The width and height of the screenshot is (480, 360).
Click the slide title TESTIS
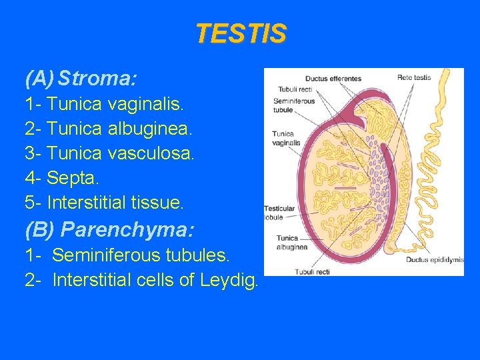point(241,33)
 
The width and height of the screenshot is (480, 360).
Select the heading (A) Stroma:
point(81,79)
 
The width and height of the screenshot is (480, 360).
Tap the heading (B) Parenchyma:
point(109,230)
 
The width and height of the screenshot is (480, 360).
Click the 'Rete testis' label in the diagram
point(414,77)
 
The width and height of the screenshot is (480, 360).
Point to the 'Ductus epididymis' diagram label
point(435,260)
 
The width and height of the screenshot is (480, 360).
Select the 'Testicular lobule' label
point(278,213)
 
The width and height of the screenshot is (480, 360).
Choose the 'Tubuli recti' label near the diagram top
point(295,89)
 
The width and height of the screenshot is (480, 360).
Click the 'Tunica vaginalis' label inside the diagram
point(286,138)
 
